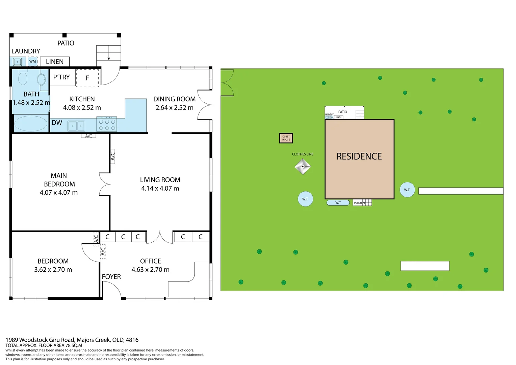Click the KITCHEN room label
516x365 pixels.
coord(82,99)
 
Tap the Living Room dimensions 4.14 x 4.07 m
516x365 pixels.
coord(160,188)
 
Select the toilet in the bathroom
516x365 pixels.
coord(23,78)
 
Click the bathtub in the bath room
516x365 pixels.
coord(31,123)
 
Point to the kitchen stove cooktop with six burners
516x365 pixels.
coord(107,124)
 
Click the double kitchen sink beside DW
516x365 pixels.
coord(76,126)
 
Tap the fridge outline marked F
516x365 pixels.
coord(87,78)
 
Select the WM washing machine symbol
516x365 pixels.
coord(32,62)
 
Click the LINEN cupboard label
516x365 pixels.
coord(55,62)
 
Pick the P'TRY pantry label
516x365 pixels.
coord(61,77)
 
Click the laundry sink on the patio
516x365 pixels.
coord(17,62)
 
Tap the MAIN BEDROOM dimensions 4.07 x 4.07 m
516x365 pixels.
coord(59,193)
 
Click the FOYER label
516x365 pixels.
coord(111,277)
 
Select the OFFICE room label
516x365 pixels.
coord(151,261)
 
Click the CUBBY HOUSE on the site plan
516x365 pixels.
coord(286,138)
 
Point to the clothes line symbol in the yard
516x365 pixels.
coord(303,167)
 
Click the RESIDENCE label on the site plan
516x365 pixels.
coord(359,156)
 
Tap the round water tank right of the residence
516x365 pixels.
coord(407,190)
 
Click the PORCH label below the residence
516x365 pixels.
coord(358,203)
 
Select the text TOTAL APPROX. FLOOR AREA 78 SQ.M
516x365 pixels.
coord(44,345)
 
